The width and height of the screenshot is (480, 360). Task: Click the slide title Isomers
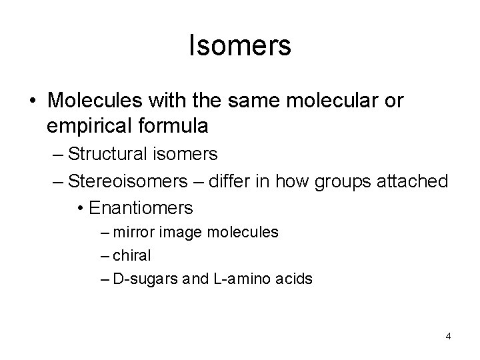[x=240, y=46]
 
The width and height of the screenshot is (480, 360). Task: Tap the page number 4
[x=449, y=336]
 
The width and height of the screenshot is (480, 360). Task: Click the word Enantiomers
[x=140, y=207]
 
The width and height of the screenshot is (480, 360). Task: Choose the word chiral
[x=133, y=256]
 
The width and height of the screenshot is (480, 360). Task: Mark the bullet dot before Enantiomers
[x=81, y=208]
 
